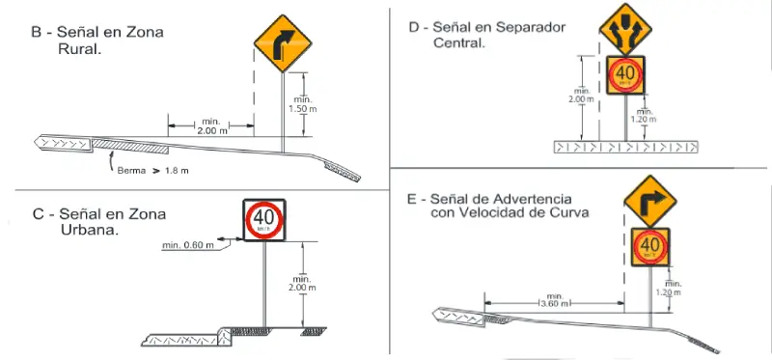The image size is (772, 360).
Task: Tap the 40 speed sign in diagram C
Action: [x=264, y=220]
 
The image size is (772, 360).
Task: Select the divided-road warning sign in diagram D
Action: [x=623, y=29]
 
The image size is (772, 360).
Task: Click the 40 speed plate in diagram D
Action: [x=625, y=73]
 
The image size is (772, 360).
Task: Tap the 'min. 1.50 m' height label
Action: [x=301, y=104]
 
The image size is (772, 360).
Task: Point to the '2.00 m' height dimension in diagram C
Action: [x=303, y=284]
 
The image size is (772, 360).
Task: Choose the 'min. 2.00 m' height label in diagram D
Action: [x=580, y=97]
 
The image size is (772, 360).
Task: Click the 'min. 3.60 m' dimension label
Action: [x=554, y=300]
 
